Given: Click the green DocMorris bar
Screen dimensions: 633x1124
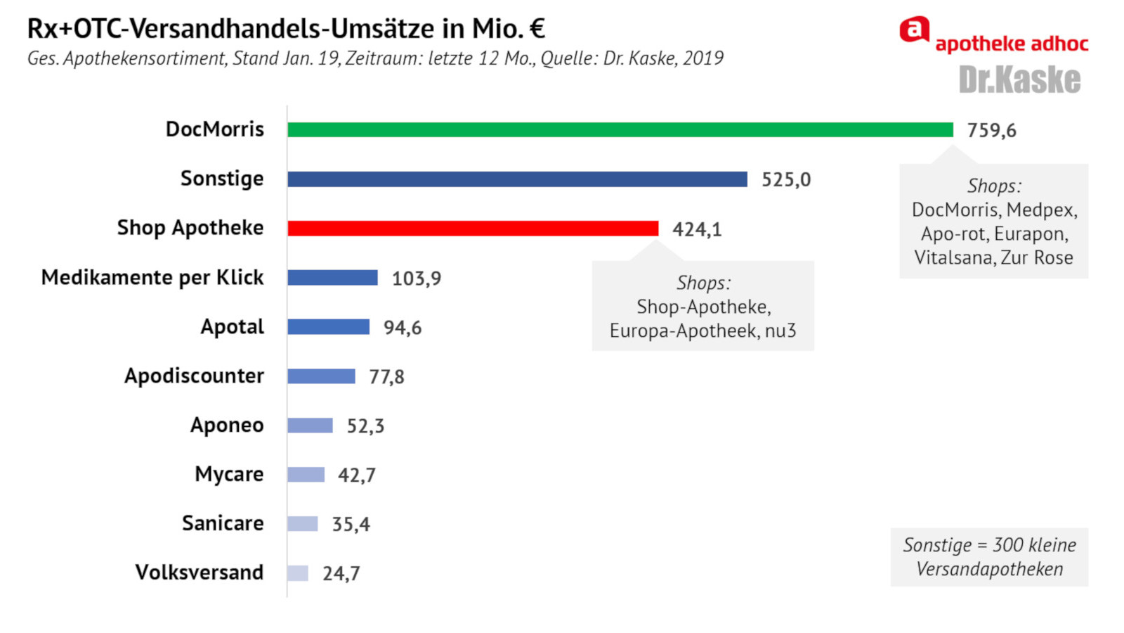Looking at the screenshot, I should pyautogui.click(x=620, y=130).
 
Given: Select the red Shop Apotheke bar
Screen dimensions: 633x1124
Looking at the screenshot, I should pyautogui.click(x=473, y=229).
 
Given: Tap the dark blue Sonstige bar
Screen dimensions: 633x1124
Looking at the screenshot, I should pyautogui.click(x=517, y=179).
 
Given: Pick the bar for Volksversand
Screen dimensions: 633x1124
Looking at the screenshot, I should pyautogui.click(x=298, y=573).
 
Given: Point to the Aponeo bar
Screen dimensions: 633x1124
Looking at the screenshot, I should pyautogui.click(x=310, y=426).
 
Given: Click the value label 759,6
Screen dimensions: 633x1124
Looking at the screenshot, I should pyautogui.click(x=991, y=131).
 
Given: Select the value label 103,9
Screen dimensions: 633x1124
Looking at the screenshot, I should pyautogui.click(x=417, y=279).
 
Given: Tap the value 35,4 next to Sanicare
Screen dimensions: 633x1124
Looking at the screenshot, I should pyautogui.click(x=351, y=525).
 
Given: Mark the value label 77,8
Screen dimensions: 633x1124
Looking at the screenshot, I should pyautogui.click(x=386, y=377).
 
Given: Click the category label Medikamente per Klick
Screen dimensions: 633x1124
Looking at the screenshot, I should pyautogui.click(x=152, y=278).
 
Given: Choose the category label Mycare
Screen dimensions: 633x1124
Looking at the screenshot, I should pyautogui.click(x=229, y=475).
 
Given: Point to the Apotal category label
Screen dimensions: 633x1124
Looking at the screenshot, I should pyautogui.click(x=233, y=327).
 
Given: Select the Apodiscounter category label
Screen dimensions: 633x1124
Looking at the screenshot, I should pyautogui.click(x=194, y=376).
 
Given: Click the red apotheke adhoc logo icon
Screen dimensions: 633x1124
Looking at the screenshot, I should pyautogui.click(x=914, y=30).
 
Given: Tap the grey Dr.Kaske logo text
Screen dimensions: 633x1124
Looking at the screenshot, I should pyautogui.click(x=1019, y=80).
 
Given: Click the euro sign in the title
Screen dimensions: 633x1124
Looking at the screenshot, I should pyautogui.click(x=537, y=29).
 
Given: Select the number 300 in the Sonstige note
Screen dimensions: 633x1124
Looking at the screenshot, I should pyautogui.click(x=1007, y=545).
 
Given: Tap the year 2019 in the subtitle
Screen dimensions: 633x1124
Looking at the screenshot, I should pyautogui.click(x=702, y=58).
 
